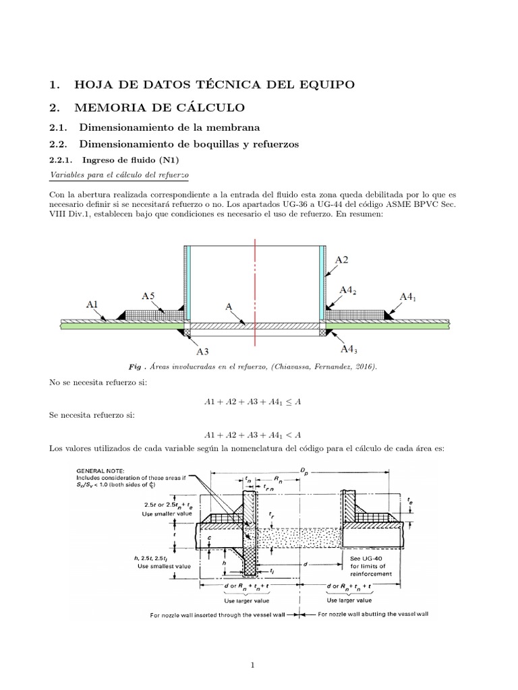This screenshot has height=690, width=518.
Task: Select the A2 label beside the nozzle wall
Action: (342, 259)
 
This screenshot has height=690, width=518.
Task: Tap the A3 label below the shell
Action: (203, 350)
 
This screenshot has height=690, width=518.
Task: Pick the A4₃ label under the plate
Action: (348, 349)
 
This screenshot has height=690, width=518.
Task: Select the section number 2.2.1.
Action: (63, 160)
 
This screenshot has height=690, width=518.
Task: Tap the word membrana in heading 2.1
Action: (235, 127)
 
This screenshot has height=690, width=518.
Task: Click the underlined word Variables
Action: (68, 175)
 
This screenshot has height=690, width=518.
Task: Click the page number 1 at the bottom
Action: (252, 647)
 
